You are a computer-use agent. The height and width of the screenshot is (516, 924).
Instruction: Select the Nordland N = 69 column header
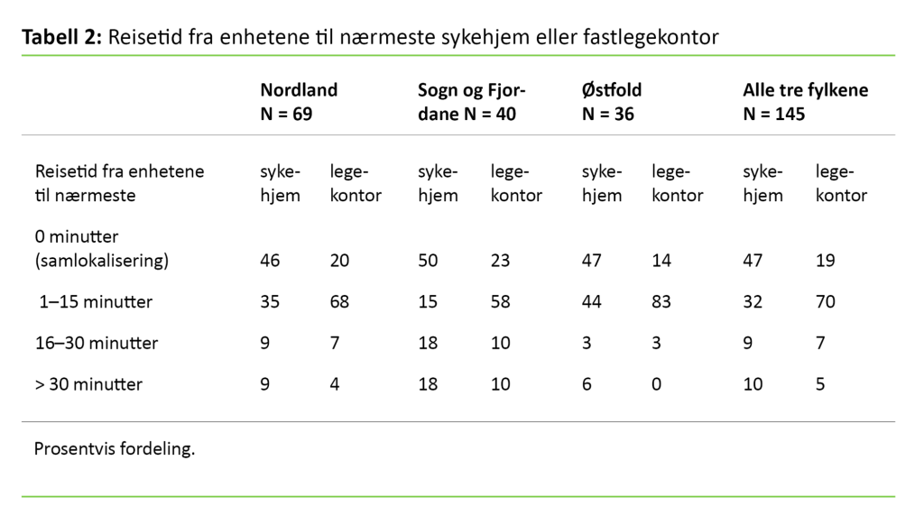click(299, 102)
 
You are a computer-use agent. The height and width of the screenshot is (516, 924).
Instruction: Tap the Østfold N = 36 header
click(612, 102)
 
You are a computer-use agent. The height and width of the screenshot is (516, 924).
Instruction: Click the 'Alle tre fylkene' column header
click(805, 91)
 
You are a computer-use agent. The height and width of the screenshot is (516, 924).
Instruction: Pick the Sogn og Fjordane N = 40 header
click(472, 102)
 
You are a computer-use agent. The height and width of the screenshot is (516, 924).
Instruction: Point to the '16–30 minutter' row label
click(96, 343)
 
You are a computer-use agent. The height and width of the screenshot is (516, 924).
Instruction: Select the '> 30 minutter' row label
click(88, 384)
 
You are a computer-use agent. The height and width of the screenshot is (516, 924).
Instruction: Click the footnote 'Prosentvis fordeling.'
click(114, 448)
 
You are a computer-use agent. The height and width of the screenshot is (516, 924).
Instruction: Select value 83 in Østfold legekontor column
click(661, 302)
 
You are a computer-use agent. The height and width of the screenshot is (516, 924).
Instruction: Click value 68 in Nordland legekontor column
click(340, 302)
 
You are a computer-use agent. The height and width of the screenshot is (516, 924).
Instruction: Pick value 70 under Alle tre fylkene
click(826, 302)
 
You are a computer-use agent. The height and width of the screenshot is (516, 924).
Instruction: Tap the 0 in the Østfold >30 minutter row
click(657, 384)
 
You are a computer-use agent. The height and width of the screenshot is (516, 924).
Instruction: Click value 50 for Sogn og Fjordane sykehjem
click(428, 261)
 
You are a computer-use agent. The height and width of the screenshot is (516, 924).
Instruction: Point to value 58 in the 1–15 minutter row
click(500, 302)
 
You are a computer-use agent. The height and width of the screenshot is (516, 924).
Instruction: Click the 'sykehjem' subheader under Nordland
click(280, 183)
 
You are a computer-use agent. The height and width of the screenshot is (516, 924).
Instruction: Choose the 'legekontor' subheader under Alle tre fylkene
click(841, 183)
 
